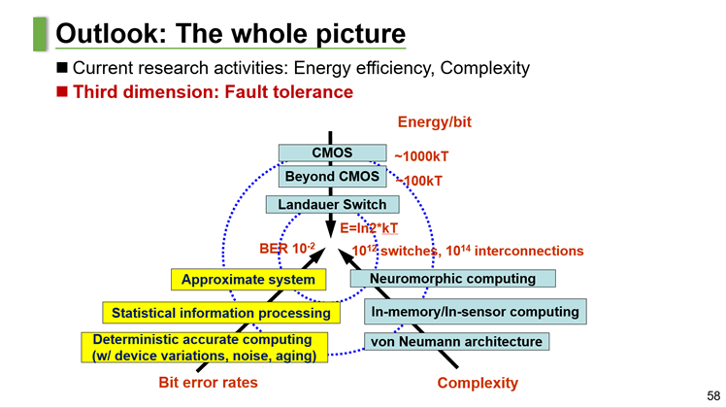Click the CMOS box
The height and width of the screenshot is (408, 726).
tap(332, 153)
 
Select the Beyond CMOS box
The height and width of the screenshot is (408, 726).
tap(332, 178)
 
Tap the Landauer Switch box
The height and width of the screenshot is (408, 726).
tap(332, 205)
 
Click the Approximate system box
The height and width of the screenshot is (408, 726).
tap(247, 280)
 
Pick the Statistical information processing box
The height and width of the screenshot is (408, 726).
tap(220, 314)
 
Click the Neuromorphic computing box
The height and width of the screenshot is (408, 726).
tap(452, 279)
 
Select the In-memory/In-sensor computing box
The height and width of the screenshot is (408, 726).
tap(475, 313)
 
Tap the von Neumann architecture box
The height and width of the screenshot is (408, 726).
tap(455, 342)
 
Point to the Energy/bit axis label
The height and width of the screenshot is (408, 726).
tap(434, 122)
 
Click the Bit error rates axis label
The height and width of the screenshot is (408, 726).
tap(208, 383)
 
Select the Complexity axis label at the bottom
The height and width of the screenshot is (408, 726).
tap(478, 383)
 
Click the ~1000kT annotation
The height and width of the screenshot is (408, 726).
tap(421, 155)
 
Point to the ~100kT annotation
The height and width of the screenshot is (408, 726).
tap(419, 181)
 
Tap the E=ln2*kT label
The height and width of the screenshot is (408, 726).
tap(369, 228)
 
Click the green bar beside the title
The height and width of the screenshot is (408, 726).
tap(40, 33)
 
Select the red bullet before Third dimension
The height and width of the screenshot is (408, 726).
tap(63, 92)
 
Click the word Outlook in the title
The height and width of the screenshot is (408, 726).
tap(104, 33)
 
